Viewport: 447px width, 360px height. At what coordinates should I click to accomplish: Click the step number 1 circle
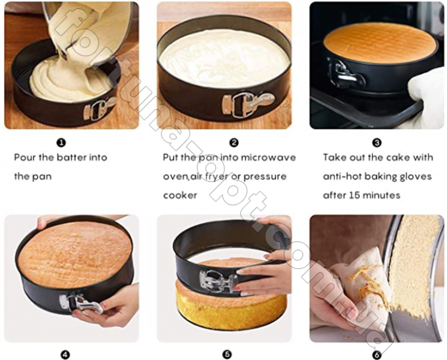tap(61, 143)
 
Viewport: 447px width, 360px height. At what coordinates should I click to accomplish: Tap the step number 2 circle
tap(234, 143)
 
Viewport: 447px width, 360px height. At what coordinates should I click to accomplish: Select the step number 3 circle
tap(377, 143)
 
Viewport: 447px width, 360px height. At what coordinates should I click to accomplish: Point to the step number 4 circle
tap(65, 355)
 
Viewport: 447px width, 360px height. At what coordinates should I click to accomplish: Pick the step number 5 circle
tap(227, 355)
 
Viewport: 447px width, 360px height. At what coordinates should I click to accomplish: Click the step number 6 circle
tap(377, 355)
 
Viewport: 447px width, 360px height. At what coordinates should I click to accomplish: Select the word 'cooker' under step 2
tap(180, 196)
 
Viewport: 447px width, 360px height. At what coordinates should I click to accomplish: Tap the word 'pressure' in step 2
tap(265, 177)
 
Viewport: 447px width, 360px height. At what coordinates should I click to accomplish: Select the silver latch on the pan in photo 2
tap(248, 104)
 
